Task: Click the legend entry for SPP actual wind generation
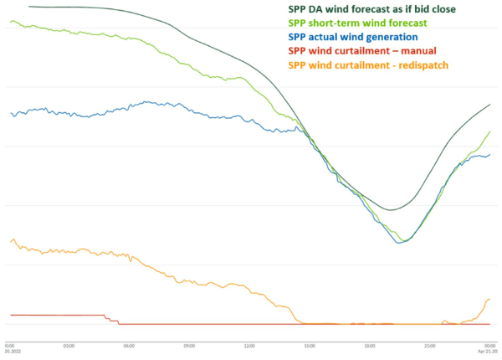[352, 37]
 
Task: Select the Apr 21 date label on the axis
[488, 351]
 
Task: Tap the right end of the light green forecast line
[489, 131]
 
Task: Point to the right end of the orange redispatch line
[489, 299]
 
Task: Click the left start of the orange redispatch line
[11, 241]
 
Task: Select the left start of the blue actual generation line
[11, 113]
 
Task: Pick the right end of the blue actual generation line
[489, 154]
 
